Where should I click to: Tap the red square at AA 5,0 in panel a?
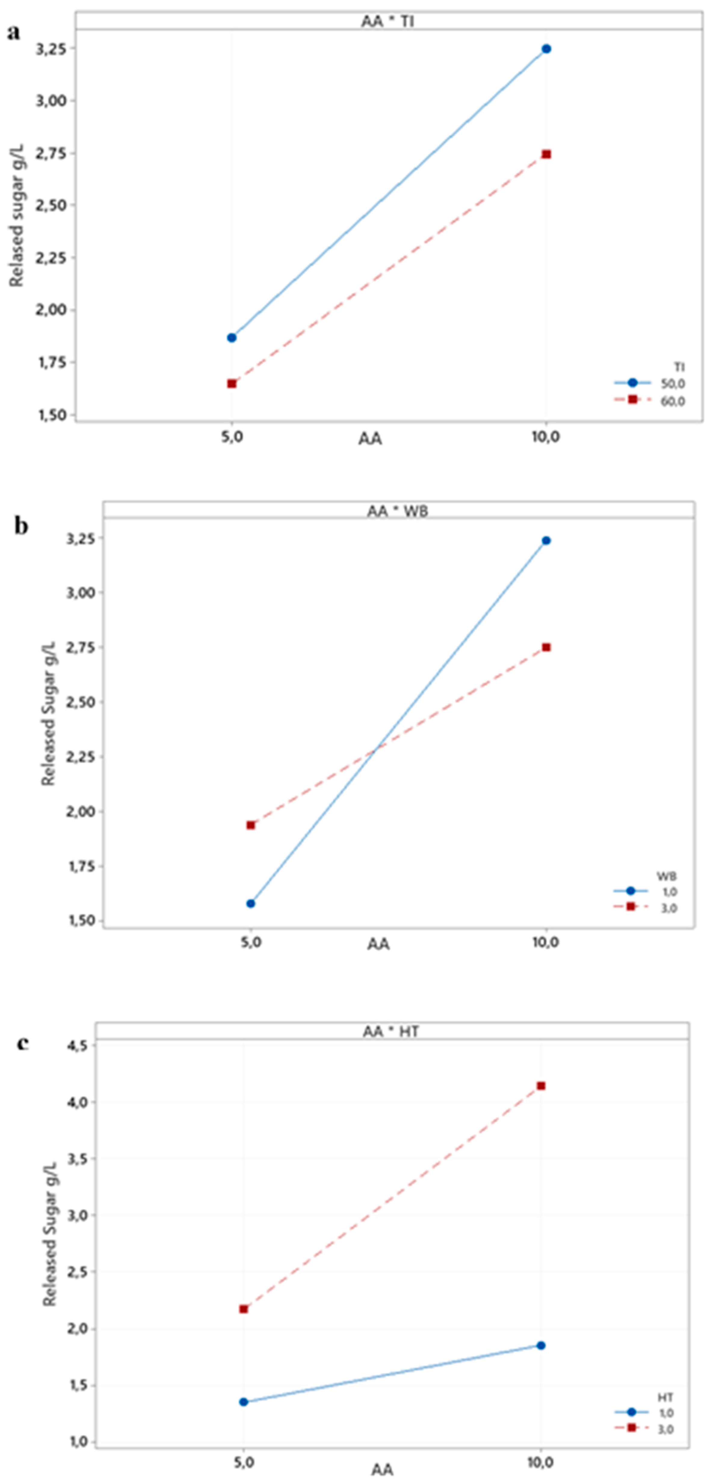click(232, 384)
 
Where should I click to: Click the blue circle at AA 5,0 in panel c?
click(244, 1402)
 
